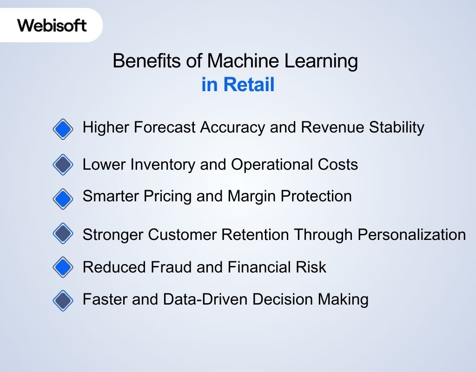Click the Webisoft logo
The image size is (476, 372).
coord(52,25)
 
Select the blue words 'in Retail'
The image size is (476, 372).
coord(238,85)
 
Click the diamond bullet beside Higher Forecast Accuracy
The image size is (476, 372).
coord(63,129)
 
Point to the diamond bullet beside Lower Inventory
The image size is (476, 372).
coord(63,165)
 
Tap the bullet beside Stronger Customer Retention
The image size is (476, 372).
coord(63,233)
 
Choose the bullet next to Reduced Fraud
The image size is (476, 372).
coord(63,267)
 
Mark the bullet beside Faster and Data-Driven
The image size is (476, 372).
coord(63,300)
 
